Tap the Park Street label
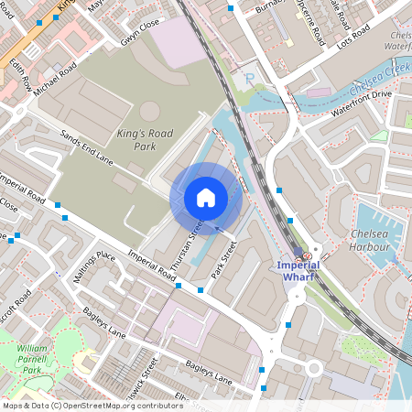(223, 259)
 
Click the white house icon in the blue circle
(206, 198)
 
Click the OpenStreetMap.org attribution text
(92, 406)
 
